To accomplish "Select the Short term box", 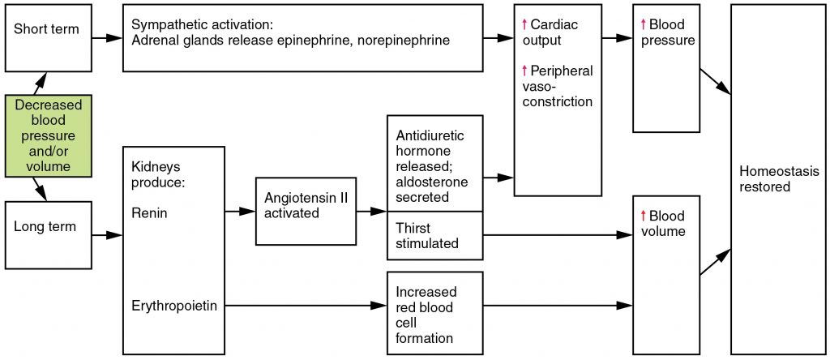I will coord(47,37).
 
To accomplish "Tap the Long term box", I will coord(47,235).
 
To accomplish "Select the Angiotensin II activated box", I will coord(305,211).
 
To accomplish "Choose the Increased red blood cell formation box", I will coord(435,314).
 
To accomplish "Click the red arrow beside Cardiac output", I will coord(524,25).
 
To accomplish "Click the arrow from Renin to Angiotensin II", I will coord(240,212).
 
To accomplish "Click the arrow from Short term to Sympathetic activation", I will coord(106,37).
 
